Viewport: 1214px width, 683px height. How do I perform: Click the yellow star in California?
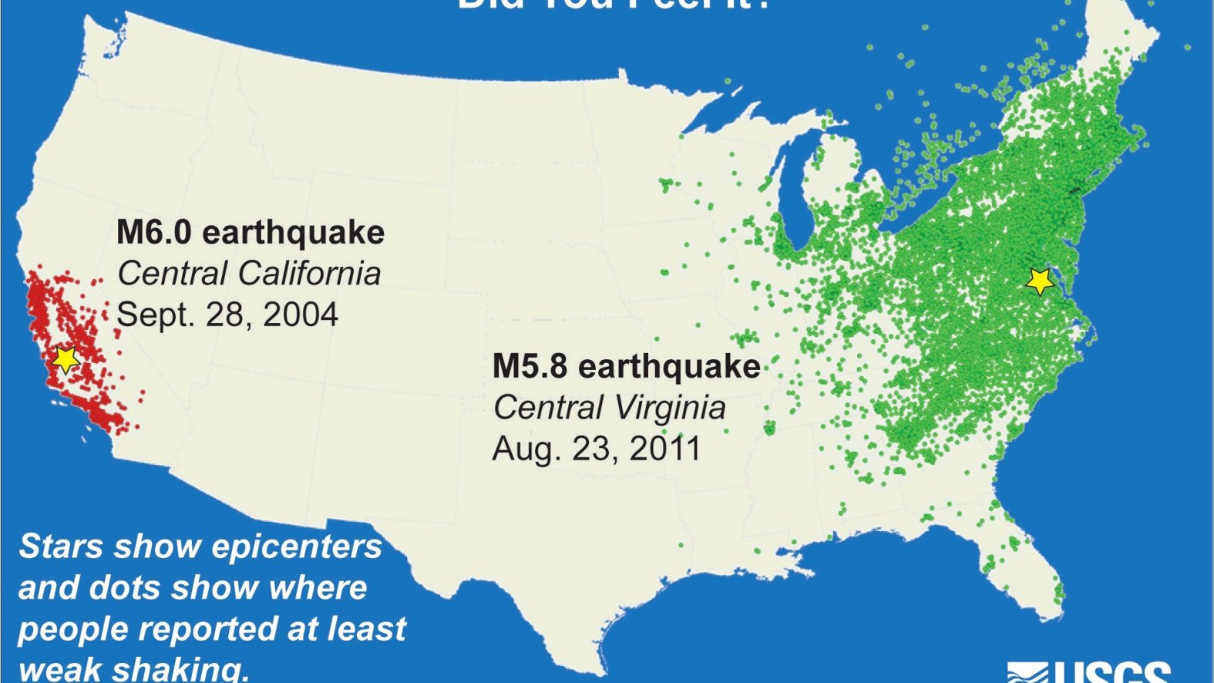point(66,358)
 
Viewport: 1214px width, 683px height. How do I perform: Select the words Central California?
point(249,274)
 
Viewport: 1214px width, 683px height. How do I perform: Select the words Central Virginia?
point(609,408)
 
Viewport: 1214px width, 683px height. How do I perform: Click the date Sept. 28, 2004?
point(227,315)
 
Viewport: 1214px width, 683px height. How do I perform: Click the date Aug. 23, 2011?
point(596,449)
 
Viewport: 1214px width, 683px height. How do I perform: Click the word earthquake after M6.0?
point(293,232)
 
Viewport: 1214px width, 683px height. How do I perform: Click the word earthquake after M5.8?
point(669,365)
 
